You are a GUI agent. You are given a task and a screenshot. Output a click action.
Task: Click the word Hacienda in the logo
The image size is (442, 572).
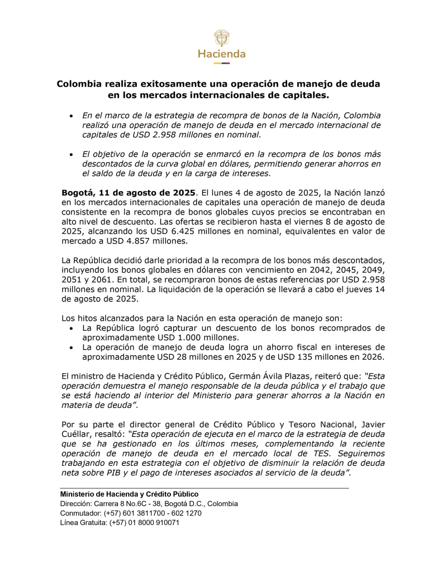(221, 54)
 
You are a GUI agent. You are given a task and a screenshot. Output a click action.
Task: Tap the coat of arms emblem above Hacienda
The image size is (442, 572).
(221, 37)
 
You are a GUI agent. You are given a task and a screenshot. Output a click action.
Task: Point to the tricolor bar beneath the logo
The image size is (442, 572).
(221, 63)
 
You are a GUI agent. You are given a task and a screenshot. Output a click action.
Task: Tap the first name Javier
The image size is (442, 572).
(366, 422)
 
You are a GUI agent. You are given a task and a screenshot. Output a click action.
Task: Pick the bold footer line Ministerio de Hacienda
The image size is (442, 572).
(129, 494)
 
